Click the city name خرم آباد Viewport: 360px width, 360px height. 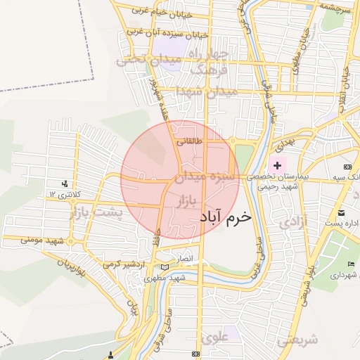click(x=225, y=217)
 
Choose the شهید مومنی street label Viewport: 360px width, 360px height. click(x=43, y=240)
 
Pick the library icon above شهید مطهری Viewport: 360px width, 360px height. click(x=165, y=267)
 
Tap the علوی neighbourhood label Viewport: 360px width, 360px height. click(x=214, y=337)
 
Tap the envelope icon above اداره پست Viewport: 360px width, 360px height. click(x=340, y=212)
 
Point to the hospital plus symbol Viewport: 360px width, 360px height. click(x=277, y=165)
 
